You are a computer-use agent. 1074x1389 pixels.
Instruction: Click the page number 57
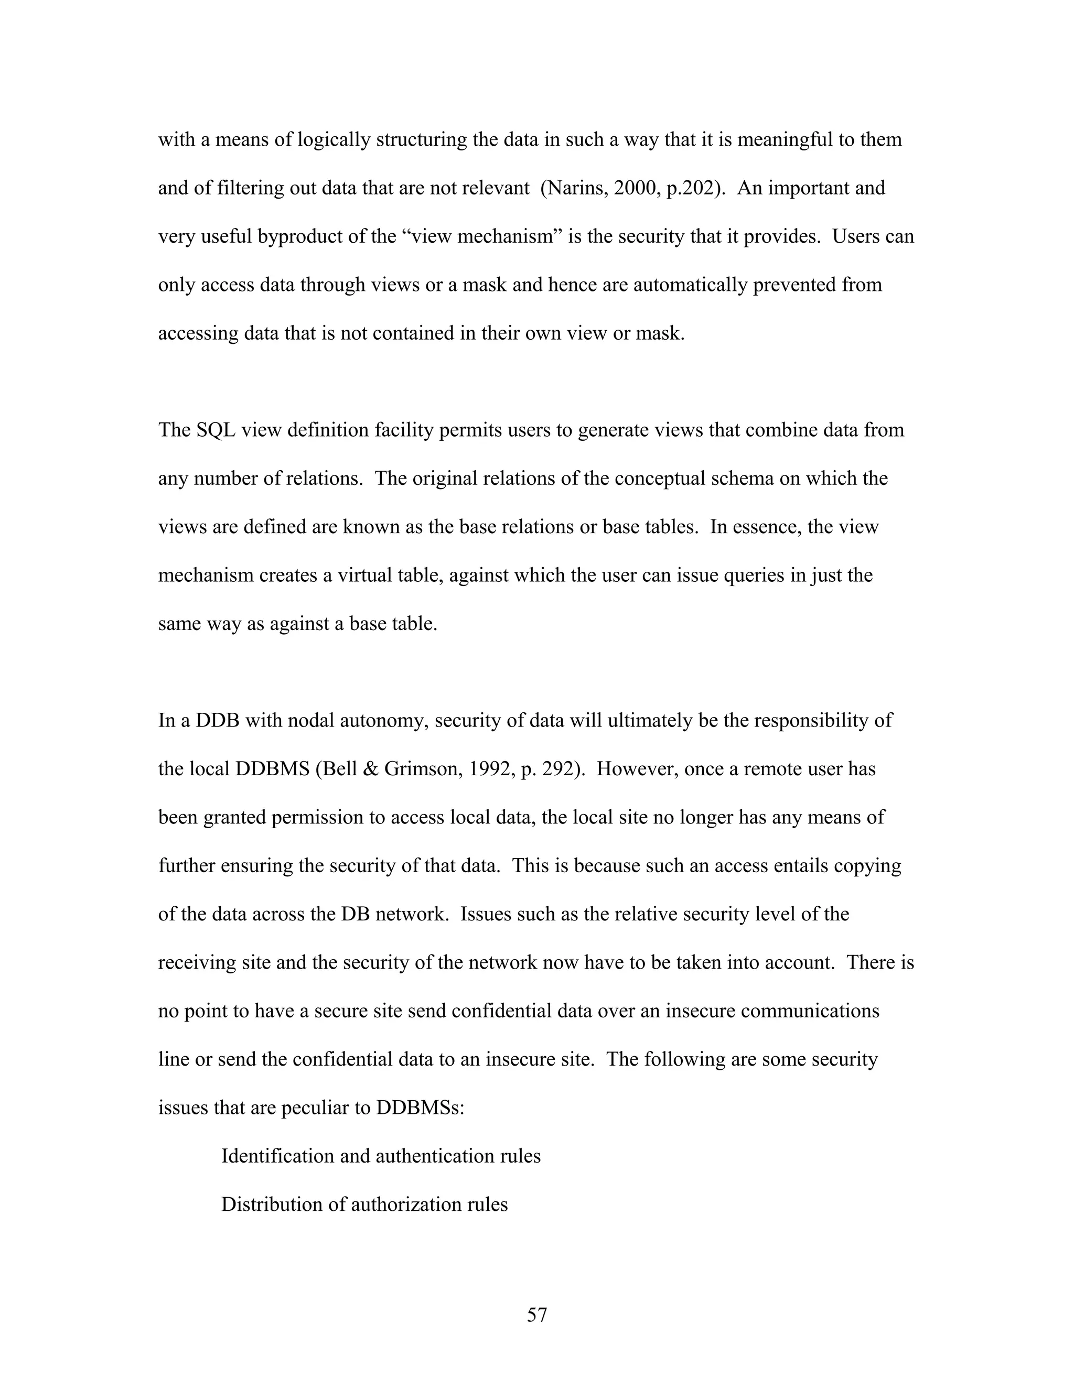pos(536,1315)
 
